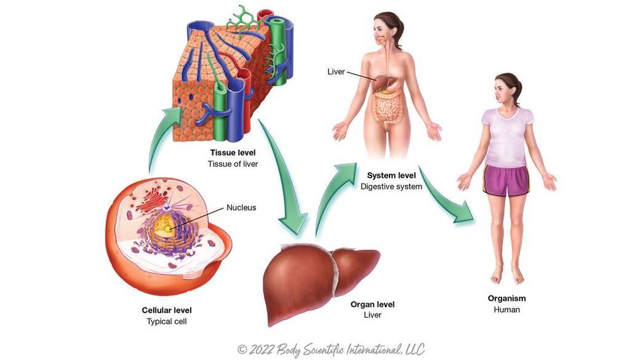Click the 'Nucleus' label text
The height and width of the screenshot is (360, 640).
[x=241, y=207]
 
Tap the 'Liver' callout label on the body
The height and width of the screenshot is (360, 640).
[x=335, y=72]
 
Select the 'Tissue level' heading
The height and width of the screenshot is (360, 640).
[x=233, y=153]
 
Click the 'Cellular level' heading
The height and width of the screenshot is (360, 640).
[x=166, y=310]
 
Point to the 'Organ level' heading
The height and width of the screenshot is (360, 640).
[x=372, y=304]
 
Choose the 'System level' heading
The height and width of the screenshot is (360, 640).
[x=391, y=175]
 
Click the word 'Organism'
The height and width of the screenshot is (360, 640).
[x=506, y=298]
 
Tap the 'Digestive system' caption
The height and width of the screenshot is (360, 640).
[x=391, y=186]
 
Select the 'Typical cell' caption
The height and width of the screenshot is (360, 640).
[x=166, y=321]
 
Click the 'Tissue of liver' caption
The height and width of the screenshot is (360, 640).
[x=233, y=164]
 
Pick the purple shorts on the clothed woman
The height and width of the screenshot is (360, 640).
[x=506, y=180]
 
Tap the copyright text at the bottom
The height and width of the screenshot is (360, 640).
[x=330, y=350]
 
